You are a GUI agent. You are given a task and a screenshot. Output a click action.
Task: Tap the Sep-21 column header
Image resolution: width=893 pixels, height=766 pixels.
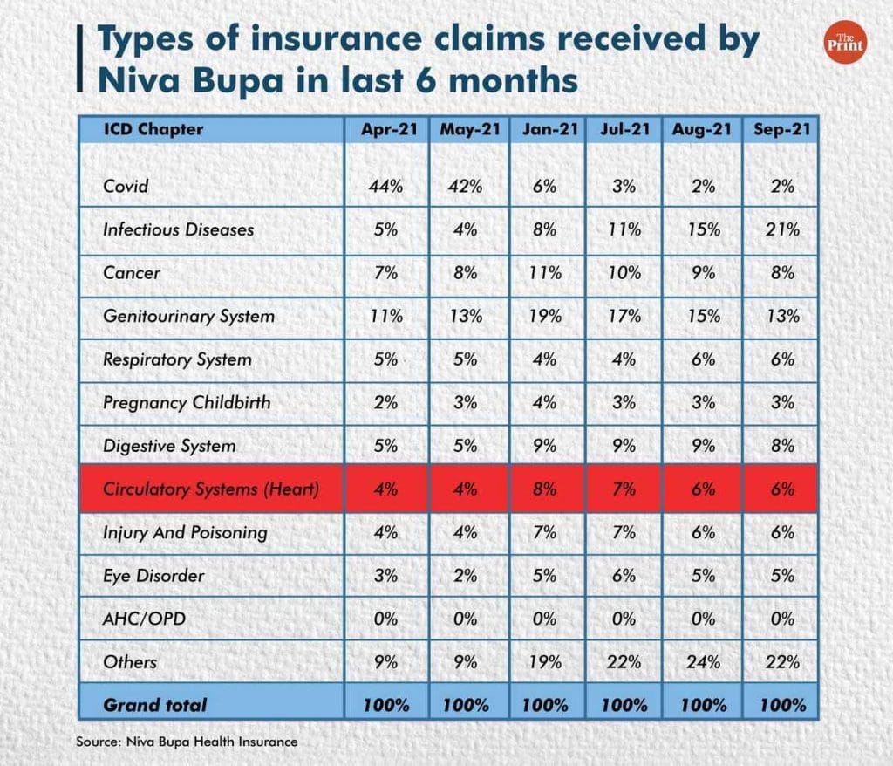click(x=782, y=129)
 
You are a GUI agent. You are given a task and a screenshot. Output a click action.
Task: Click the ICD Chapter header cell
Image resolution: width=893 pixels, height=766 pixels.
click(x=153, y=129)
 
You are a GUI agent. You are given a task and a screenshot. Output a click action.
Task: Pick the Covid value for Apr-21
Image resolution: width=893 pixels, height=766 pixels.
click(x=385, y=186)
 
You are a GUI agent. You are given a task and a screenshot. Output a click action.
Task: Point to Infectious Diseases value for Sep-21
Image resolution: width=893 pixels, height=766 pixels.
click(x=782, y=229)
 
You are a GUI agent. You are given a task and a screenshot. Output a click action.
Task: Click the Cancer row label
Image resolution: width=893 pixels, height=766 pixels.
click(x=132, y=273)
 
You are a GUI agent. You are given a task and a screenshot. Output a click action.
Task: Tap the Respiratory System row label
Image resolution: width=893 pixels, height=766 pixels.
click(x=176, y=359)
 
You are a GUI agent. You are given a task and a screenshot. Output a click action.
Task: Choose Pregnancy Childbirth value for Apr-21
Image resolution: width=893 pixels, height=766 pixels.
click(x=385, y=402)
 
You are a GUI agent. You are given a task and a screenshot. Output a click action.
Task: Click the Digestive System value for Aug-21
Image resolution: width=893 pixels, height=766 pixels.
click(x=702, y=446)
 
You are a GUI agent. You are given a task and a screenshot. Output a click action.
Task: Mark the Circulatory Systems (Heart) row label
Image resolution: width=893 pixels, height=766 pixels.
click(x=210, y=489)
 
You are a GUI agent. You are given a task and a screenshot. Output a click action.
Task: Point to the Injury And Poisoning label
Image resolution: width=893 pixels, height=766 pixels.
click(x=184, y=532)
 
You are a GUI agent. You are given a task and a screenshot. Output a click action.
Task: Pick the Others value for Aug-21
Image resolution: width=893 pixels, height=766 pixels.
click(x=702, y=662)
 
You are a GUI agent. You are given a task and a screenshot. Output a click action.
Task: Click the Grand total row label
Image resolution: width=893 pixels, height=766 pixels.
click(x=155, y=705)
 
